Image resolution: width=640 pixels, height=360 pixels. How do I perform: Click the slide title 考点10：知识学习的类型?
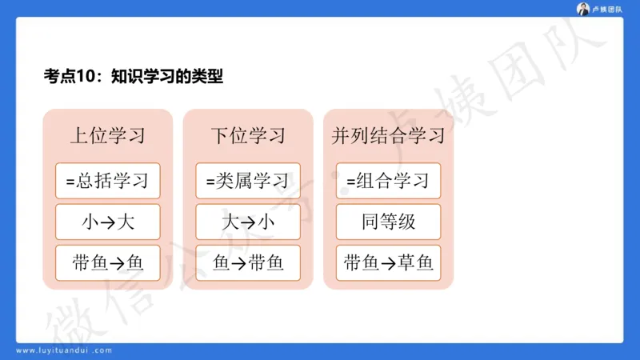pyautogui.click(x=133, y=77)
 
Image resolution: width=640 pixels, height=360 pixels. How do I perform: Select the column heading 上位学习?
pyautogui.click(x=107, y=135)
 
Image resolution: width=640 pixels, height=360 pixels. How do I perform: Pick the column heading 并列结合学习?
pyautogui.click(x=388, y=135)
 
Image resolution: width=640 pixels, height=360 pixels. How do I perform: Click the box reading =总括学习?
pyautogui.click(x=107, y=181)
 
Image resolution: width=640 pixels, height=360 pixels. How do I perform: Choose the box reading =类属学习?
pyautogui.click(x=248, y=181)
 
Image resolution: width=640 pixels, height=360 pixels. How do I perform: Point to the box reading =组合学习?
pyautogui.click(x=388, y=181)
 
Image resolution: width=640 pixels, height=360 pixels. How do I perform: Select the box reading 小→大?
pyautogui.click(x=107, y=222)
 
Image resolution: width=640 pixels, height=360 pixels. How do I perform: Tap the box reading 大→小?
pyautogui.click(x=248, y=222)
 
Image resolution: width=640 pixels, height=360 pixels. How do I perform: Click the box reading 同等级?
pyautogui.click(x=388, y=222)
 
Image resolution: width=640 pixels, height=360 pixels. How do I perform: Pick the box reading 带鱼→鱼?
pyautogui.click(x=107, y=263)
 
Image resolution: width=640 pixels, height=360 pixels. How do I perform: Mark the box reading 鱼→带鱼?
pyautogui.click(x=248, y=263)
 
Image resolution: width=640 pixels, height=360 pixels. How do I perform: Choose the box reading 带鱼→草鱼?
pyautogui.click(x=388, y=263)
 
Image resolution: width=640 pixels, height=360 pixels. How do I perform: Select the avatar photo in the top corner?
pyautogui.click(x=582, y=9)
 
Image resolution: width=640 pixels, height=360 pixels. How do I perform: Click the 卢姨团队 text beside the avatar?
pyautogui.click(x=606, y=10)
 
